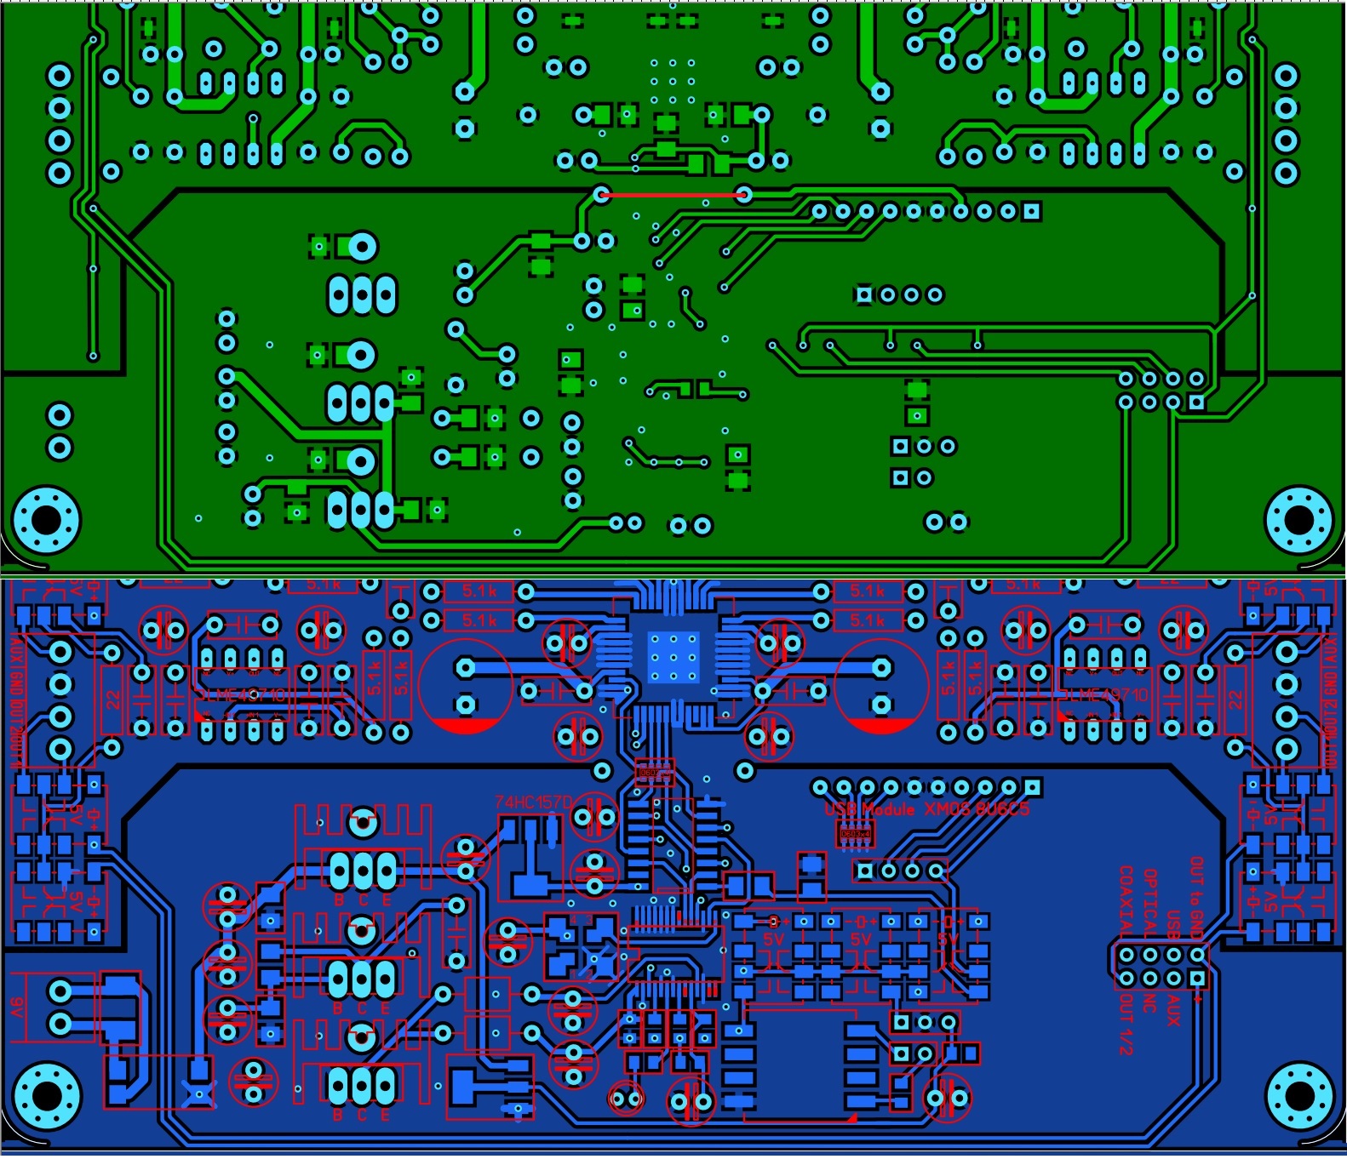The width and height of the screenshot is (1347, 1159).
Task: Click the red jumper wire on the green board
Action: point(672,195)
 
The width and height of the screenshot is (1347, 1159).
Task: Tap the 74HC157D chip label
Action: point(534,802)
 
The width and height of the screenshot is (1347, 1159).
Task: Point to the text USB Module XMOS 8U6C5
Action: point(926,808)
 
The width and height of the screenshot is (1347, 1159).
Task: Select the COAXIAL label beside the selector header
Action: point(1126,901)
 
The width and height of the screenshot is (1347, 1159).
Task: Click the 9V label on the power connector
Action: point(17,1008)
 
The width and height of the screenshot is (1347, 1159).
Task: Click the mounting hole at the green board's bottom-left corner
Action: point(46,518)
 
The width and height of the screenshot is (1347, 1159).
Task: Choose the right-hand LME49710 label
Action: point(1104,695)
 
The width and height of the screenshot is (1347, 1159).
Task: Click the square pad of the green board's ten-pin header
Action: point(1031,211)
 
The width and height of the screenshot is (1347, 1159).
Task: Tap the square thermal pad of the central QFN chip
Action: point(673,657)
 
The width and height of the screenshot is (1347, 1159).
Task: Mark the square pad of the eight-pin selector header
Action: point(1196,979)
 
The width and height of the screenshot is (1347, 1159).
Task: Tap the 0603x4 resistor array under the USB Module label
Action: point(855,834)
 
